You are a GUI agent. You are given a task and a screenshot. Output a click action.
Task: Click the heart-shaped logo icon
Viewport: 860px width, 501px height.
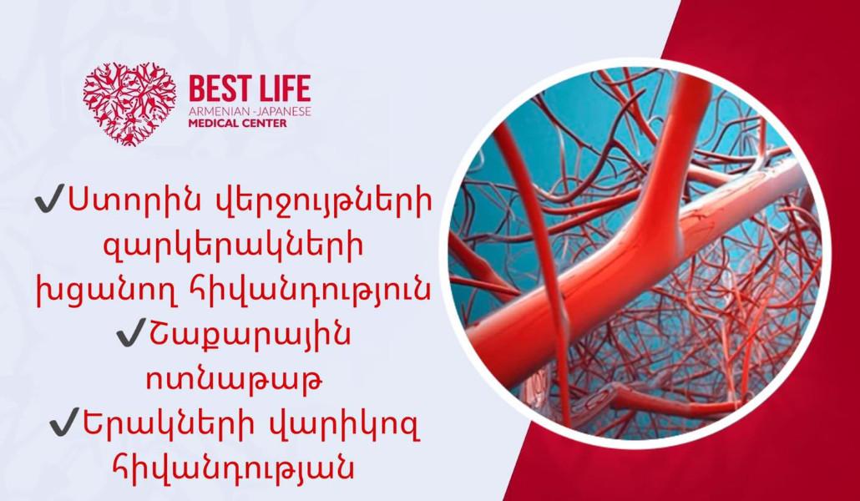(129, 104)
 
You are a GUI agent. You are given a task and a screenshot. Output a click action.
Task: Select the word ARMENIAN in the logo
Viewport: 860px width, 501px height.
(212, 111)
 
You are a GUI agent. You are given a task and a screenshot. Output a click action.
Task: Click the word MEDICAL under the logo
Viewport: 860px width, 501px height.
(214, 123)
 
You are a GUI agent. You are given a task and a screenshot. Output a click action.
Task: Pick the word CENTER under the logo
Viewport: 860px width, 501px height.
(265, 123)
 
